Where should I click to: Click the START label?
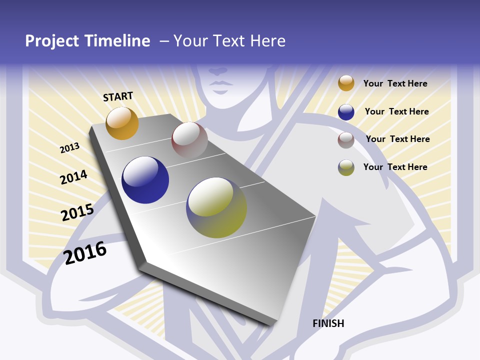coord(118,96)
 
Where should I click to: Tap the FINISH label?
coord(328,323)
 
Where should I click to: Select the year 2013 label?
coord(69,148)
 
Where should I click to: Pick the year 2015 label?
coord(77,212)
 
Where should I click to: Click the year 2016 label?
coord(85,253)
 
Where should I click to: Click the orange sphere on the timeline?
coord(122,123)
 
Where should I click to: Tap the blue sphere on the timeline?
coord(145,180)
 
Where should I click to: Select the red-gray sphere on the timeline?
coord(189,140)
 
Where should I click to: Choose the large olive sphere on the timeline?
coord(216,207)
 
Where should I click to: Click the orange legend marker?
coord(346,83)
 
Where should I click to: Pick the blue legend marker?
coord(346,112)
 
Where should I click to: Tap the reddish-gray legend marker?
coord(346,140)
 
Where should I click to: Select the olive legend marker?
coord(346,167)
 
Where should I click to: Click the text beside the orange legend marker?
coord(395,83)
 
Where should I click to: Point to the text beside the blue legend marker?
coord(396,111)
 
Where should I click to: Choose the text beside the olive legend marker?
coord(395,167)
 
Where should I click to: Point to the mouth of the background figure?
coord(218,82)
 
